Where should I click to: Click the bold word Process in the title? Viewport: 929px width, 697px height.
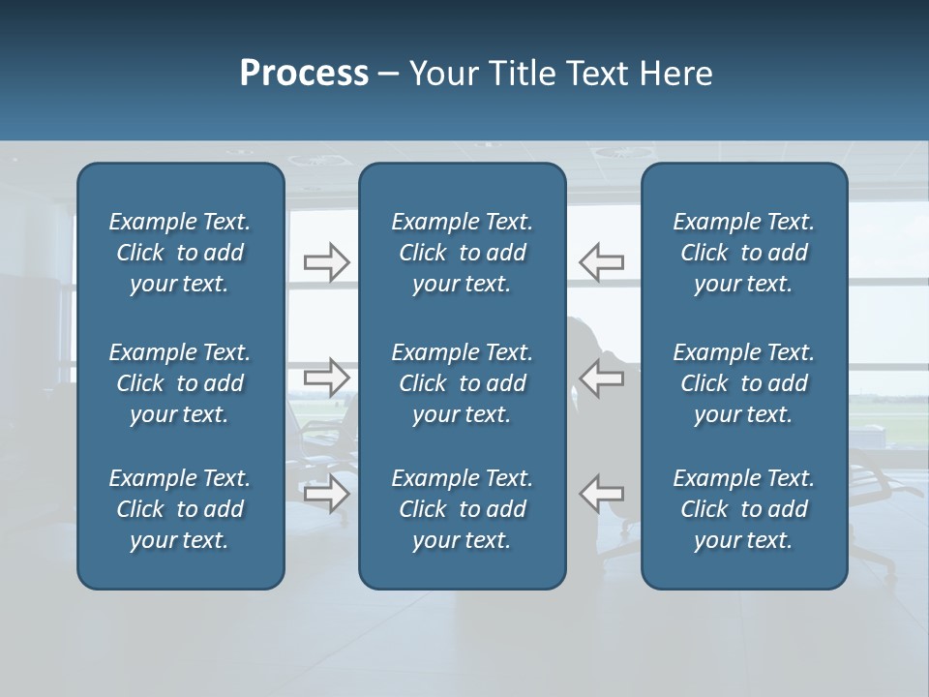pyautogui.click(x=304, y=74)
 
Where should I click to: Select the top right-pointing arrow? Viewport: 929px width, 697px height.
pyautogui.click(x=327, y=262)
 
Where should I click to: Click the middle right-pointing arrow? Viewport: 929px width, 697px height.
pyautogui.click(x=327, y=378)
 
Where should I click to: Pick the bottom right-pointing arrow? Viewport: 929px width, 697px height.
pyautogui.click(x=327, y=493)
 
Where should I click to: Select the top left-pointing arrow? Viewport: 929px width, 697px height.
pyautogui.click(x=601, y=262)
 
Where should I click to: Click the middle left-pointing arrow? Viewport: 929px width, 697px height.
pyautogui.click(x=601, y=378)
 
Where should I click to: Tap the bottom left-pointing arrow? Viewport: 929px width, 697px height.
pyautogui.click(x=601, y=493)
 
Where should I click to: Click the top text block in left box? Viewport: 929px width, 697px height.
pyautogui.click(x=180, y=253)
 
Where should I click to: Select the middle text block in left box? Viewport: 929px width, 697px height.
pyautogui.click(x=180, y=383)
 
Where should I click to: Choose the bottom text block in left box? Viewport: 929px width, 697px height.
pyautogui.click(x=180, y=509)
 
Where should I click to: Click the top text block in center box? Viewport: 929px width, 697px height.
pyautogui.click(x=462, y=253)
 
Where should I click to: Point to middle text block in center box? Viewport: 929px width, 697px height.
pyautogui.click(x=462, y=383)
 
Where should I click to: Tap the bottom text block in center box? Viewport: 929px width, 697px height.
pyautogui.click(x=462, y=509)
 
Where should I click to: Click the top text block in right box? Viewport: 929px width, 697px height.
pyautogui.click(x=743, y=253)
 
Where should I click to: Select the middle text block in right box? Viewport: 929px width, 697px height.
pyautogui.click(x=743, y=383)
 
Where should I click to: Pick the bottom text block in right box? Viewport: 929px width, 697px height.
pyautogui.click(x=743, y=509)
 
